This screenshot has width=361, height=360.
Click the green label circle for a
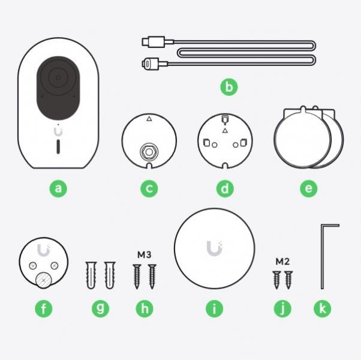(58, 188)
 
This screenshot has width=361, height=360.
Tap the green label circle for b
(228, 87)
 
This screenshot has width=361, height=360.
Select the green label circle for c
(149, 188)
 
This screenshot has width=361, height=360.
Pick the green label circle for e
(308, 188)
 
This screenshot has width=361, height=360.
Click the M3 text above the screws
(143, 255)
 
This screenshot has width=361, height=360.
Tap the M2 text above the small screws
(283, 262)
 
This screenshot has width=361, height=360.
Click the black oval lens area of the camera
(58, 88)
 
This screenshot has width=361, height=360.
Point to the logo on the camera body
(58, 130)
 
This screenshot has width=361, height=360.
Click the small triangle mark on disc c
(149, 119)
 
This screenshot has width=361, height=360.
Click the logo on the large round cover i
(213, 248)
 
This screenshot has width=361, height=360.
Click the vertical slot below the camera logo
(58, 148)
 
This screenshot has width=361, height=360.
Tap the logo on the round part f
(43, 250)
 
